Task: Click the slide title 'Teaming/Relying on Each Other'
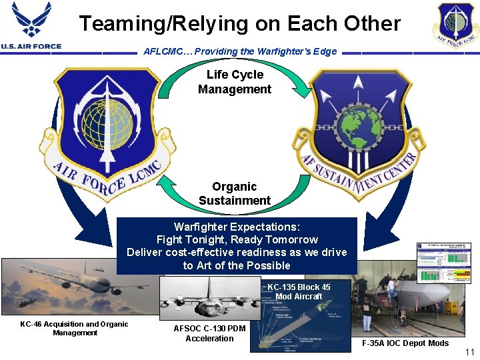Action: point(240,24)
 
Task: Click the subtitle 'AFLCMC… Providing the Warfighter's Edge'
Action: point(240,51)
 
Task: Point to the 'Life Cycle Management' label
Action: point(235,82)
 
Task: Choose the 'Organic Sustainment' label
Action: point(235,194)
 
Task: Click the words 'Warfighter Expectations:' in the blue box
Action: point(237,227)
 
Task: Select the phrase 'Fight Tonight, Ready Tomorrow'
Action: point(237,239)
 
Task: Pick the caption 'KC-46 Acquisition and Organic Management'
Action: point(74,328)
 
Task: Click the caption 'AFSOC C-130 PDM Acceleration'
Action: point(209,333)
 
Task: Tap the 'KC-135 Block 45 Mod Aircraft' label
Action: point(299,291)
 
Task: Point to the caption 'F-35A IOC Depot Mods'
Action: point(405,343)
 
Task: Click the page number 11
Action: point(469,351)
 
